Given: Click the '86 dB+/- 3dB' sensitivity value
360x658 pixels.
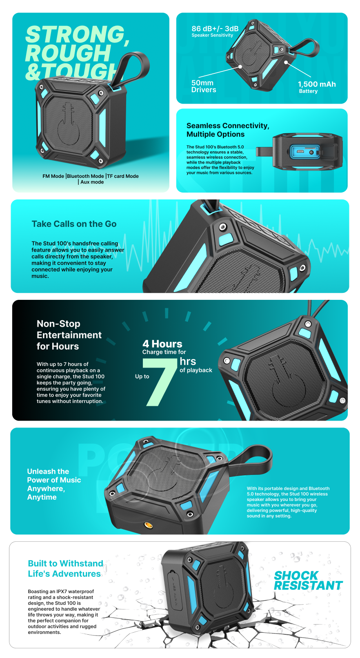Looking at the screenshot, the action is click(215, 29).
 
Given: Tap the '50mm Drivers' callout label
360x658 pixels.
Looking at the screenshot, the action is click(203, 86).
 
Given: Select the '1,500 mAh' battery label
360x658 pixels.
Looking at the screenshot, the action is click(316, 84).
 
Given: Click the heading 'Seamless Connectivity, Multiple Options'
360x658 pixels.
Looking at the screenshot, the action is click(228, 130).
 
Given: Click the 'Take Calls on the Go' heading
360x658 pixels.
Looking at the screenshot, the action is click(74, 224).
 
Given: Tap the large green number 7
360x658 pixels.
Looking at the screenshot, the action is click(160, 382).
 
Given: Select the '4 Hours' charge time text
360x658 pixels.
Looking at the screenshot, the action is click(162, 344).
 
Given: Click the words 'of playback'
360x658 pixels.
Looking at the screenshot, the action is click(196, 370).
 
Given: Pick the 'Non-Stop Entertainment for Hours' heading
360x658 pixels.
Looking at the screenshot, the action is click(69, 335).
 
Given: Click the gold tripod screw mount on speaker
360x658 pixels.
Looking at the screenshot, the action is click(148, 525).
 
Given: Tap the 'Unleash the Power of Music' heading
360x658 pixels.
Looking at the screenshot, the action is click(54, 484).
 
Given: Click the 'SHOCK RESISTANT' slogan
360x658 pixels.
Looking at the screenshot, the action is click(308, 580).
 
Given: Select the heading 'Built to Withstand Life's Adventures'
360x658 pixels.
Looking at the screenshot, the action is click(65, 568).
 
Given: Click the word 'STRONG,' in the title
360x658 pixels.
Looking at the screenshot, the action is click(77, 34).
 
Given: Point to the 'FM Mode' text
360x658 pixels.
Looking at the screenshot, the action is click(53, 176).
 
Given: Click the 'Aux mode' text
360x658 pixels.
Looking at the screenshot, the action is click(92, 182).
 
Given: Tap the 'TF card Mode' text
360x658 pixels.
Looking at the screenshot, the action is click(123, 176).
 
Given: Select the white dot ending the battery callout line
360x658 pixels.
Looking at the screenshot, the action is click(286, 62).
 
